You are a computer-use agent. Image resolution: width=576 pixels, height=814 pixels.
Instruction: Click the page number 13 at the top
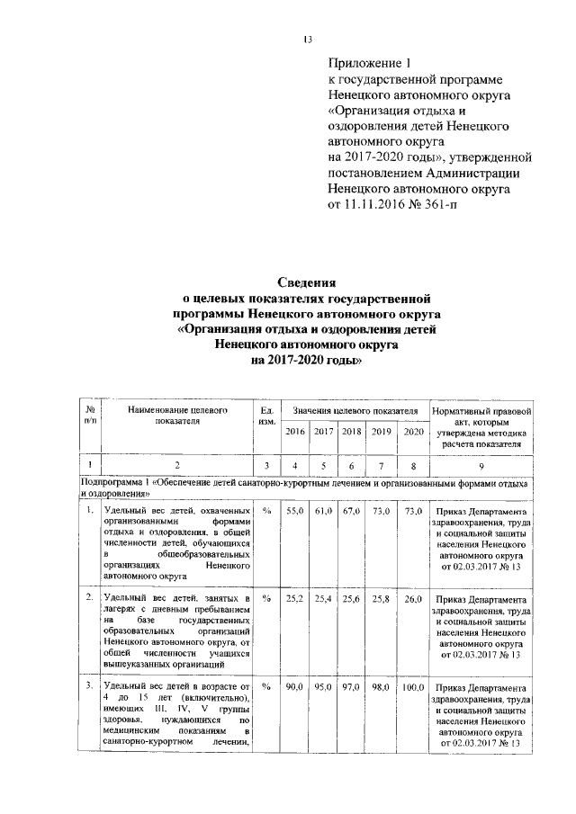[307, 40]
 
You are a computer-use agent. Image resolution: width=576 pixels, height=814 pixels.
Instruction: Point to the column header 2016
[295, 432]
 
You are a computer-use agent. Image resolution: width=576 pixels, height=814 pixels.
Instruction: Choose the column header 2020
[413, 432]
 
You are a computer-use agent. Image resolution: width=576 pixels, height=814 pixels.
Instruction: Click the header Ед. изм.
[266, 416]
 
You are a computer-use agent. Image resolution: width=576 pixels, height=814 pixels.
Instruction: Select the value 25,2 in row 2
[295, 597]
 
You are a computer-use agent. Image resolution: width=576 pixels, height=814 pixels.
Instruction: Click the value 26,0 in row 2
[413, 597]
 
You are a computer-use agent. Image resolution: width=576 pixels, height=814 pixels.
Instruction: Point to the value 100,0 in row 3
[413, 686]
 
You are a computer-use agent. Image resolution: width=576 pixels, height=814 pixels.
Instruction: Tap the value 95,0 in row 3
[324, 686]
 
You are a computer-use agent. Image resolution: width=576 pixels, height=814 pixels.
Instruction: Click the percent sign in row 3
[266, 686]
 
